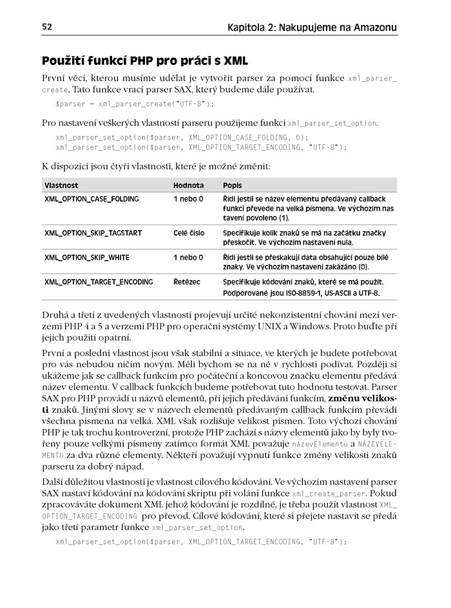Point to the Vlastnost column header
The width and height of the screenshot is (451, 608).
point(61,185)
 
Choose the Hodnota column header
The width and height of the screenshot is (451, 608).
point(188,185)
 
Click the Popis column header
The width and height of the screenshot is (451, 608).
point(233,185)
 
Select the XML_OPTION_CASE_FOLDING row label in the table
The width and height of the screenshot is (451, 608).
point(91,199)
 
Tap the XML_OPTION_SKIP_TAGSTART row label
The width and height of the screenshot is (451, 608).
point(93,233)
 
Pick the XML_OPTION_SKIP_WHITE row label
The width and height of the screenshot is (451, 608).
point(86,258)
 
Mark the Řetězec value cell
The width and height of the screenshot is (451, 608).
point(186,282)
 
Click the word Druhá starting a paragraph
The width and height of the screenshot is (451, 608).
point(56,316)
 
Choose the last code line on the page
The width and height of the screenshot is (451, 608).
point(201,542)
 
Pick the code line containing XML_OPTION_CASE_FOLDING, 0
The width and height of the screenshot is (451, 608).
point(182,137)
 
